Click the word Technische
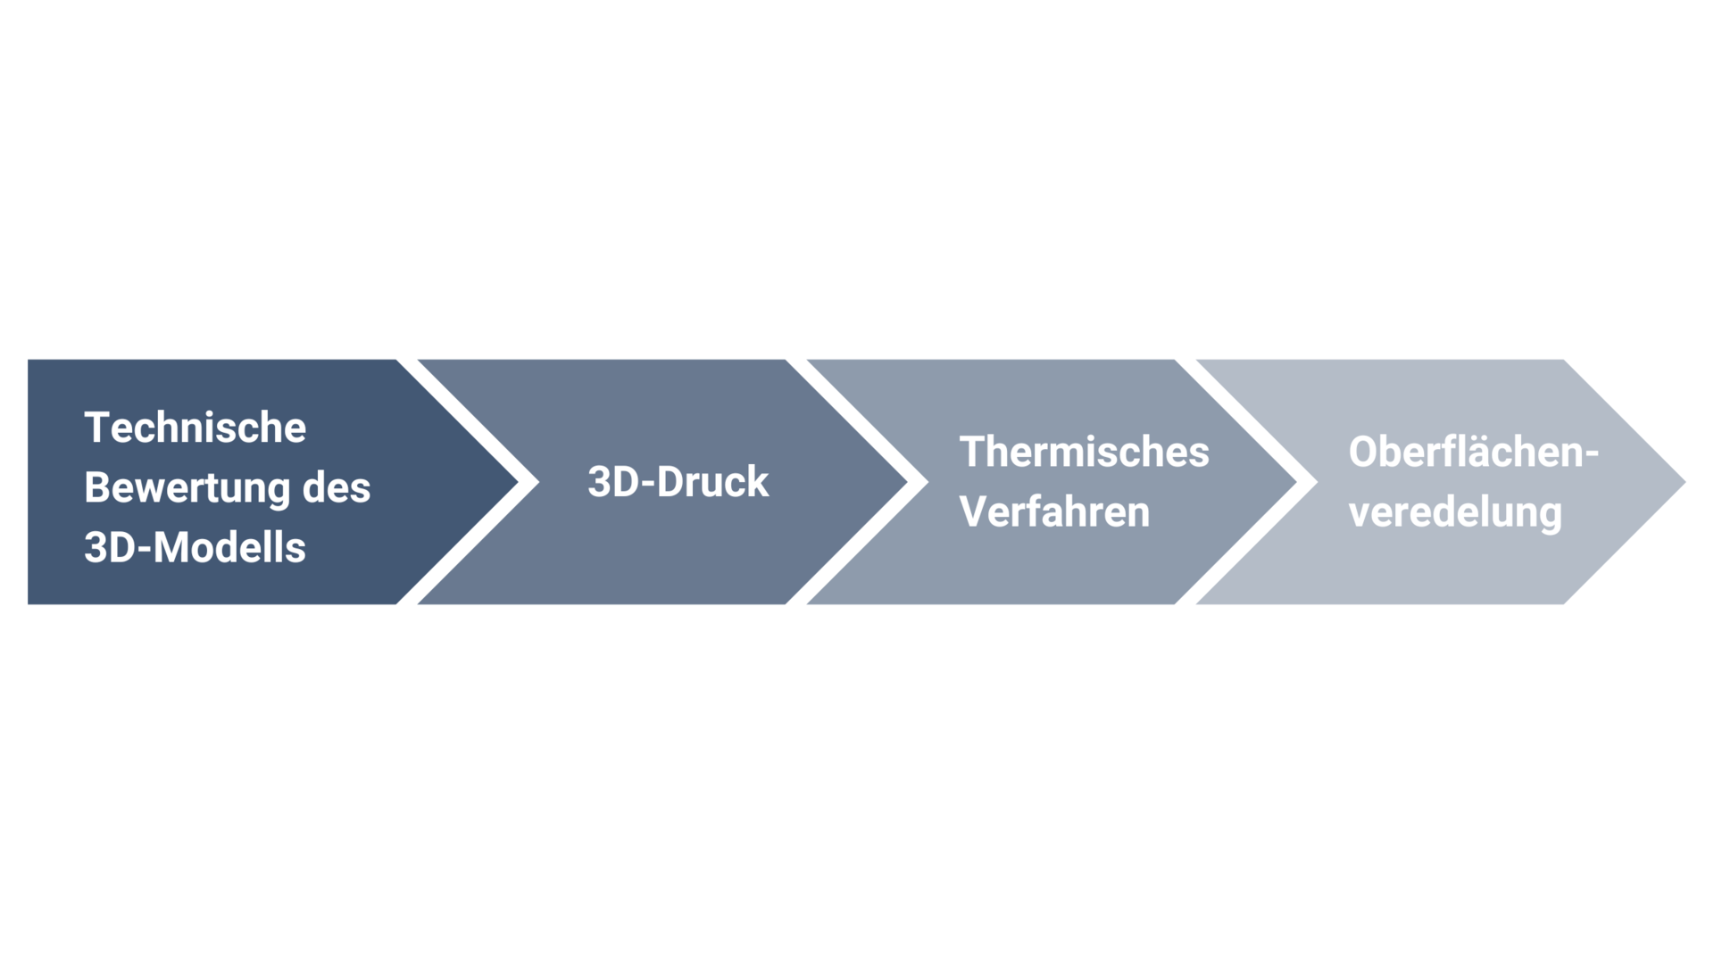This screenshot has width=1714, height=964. [x=196, y=428]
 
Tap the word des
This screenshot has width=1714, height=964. [x=337, y=487]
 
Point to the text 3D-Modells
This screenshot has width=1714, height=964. [x=196, y=547]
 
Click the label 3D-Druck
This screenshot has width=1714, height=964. [x=678, y=482]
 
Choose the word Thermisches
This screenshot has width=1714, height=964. [x=1085, y=452]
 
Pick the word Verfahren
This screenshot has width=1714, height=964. [x=1055, y=511]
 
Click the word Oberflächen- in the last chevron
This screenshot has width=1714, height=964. [x=1474, y=452]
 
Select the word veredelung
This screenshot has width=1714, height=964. [x=1456, y=512]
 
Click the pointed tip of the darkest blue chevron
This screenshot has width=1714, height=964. [x=518, y=482]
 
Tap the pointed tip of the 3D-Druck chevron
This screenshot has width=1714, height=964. [x=907, y=482]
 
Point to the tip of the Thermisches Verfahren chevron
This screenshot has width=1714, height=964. [x=1296, y=482]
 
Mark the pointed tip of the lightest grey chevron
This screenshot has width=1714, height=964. [x=1685, y=482]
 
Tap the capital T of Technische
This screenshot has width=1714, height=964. [x=96, y=428]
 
